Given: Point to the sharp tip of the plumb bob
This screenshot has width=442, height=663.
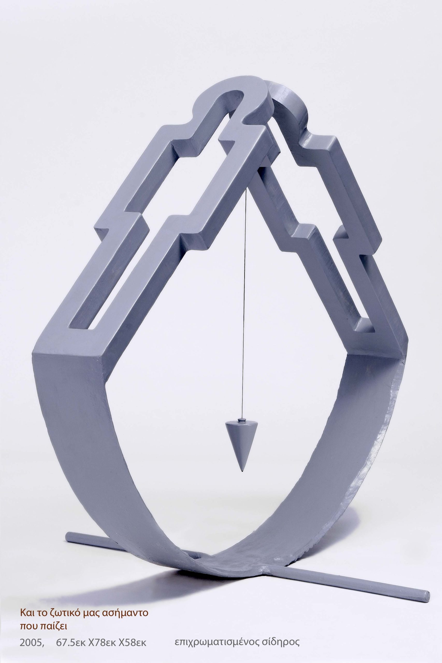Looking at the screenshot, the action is pyautogui.click(x=242, y=471).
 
